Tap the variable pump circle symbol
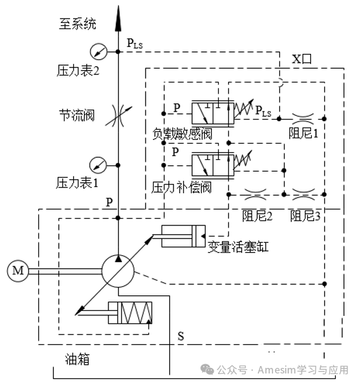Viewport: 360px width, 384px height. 118,270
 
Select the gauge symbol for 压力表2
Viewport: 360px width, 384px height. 98,51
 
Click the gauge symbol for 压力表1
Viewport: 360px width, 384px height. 98,165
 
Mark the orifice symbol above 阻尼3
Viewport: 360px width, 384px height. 303,194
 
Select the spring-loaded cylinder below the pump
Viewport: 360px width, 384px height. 130,312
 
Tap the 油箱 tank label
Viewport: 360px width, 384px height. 78,359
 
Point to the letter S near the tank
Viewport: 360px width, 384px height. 181,336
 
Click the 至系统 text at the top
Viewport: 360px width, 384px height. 77,25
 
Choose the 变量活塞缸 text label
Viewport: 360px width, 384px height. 237,248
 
